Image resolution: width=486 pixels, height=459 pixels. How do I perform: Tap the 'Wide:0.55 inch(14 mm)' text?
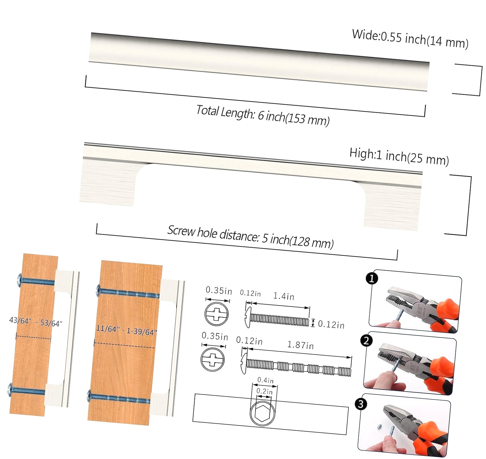coord(410,39)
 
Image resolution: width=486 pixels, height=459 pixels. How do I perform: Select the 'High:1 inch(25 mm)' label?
coord(399,156)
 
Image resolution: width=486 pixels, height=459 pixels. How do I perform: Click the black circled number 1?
coord(372,278)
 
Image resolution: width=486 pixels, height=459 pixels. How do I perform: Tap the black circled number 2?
coord(366,341)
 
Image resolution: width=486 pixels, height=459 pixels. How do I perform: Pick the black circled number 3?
coord(361,404)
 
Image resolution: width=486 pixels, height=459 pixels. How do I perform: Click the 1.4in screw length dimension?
coord(283,296)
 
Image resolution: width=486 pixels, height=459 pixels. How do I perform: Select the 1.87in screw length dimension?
coord(300,345)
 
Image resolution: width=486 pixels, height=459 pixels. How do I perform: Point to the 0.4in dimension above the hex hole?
coord(265,380)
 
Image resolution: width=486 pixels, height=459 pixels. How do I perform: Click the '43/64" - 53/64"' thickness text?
coord(36,322)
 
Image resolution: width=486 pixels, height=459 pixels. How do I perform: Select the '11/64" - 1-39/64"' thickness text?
coord(126,330)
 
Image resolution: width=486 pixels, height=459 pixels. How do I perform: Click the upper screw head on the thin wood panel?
coord(20,280)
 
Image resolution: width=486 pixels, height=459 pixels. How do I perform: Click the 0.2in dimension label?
coord(264,391)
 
